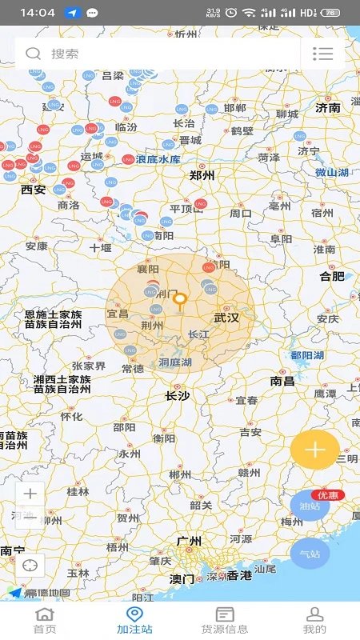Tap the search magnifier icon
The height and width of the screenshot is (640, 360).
(x=33, y=54)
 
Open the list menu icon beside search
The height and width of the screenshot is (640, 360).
(x=322, y=54)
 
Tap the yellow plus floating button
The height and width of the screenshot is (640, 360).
(x=314, y=450)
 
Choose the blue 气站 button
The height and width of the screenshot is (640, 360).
(x=310, y=554)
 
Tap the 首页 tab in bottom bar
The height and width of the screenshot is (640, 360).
(x=45, y=621)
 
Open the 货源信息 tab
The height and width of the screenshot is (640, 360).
(x=225, y=621)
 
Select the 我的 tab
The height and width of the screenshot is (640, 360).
(x=315, y=621)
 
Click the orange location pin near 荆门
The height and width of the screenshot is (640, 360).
(x=181, y=301)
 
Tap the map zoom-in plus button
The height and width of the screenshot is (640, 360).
(x=30, y=494)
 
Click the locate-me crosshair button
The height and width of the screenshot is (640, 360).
(x=30, y=565)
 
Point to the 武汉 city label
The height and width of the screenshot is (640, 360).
(x=226, y=318)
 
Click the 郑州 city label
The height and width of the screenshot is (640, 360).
(x=202, y=175)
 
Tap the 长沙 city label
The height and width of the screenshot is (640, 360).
(x=177, y=395)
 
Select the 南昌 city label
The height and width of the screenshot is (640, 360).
(x=282, y=382)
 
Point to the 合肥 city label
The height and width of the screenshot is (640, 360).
(x=332, y=276)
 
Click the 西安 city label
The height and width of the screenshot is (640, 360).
(x=34, y=190)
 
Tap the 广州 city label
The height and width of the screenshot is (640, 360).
(x=189, y=542)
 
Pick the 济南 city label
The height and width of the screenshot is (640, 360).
(x=328, y=107)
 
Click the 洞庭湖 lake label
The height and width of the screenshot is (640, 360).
(x=175, y=362)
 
